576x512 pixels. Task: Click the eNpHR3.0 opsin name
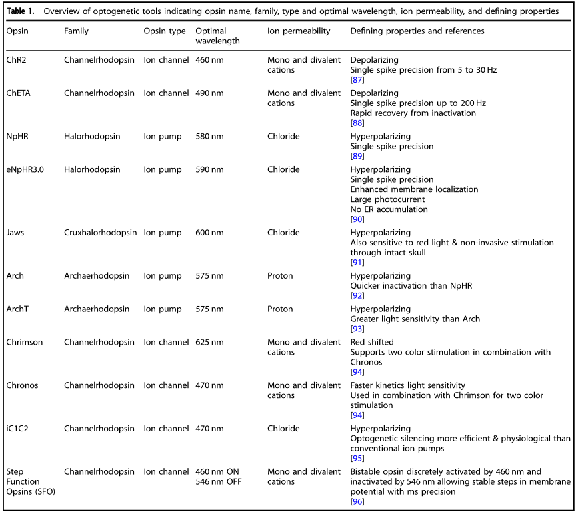[x=26, y=169]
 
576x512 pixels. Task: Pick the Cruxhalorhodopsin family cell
[x=101, y=233]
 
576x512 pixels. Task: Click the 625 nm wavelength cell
[x=209, y=343]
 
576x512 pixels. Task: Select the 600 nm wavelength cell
[x=209, y=233]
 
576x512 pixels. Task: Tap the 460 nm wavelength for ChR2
[x=209, y=60]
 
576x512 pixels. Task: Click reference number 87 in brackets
[x=357, y=80]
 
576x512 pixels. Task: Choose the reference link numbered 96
[x=357, y=501]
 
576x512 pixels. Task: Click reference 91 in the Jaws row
[x=357, y=263]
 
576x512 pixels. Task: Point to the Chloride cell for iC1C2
[x=283, y=429]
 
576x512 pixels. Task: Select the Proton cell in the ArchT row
[x=280, y=309]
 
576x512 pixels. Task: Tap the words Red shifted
[x=372, y=343]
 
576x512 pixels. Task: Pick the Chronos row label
[x=23, y=385]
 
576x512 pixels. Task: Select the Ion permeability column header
[x=299, y=31]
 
